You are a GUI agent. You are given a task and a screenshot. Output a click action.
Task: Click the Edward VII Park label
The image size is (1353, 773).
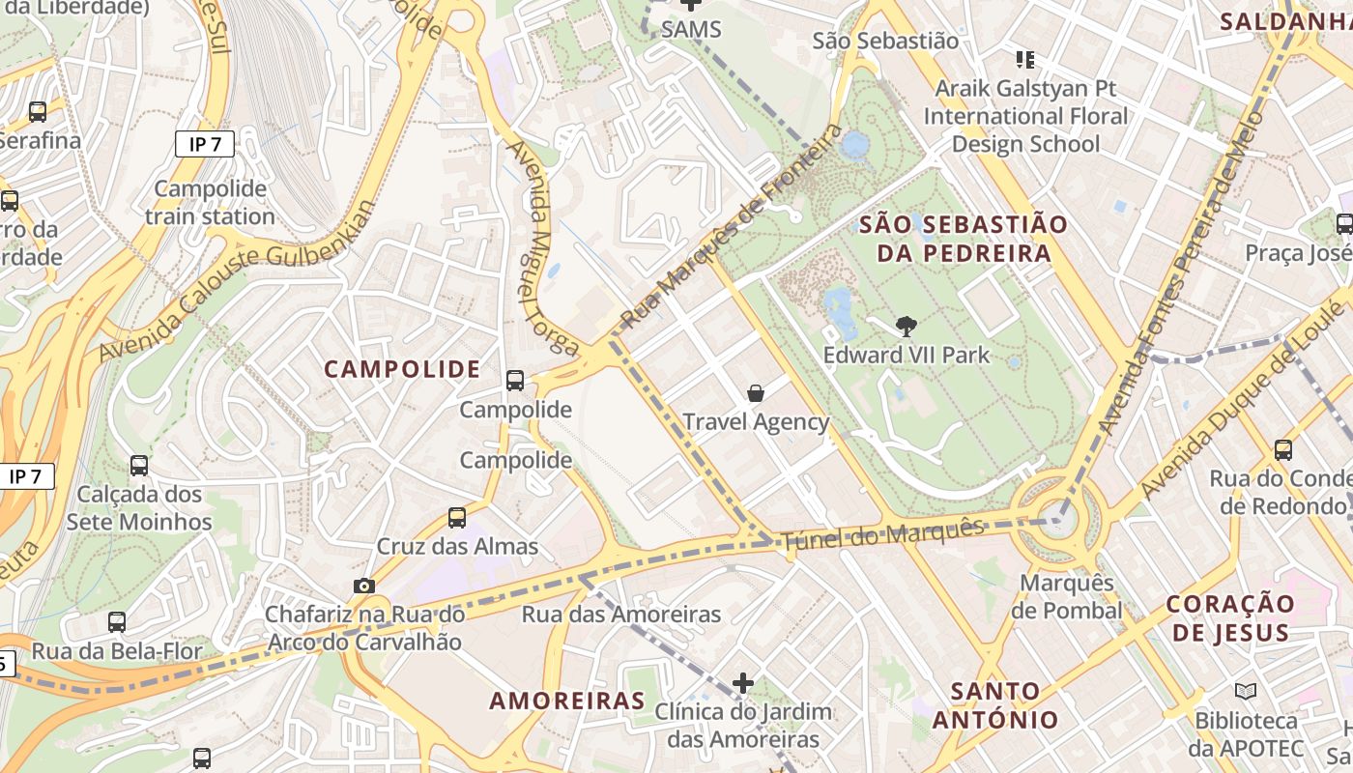[x=906, y=355]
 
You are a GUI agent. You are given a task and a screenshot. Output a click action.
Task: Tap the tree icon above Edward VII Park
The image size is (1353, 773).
[x=906, y=326]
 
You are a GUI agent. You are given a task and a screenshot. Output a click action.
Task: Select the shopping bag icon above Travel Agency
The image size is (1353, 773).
[x=756, y=393]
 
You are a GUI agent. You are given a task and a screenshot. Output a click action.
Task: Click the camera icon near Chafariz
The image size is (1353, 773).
[x=364, y=586]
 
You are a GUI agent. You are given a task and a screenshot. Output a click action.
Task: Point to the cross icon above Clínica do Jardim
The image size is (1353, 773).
[x=742, y=683]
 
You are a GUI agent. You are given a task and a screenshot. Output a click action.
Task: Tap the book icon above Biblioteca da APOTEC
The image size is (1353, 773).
[x=1245, y=692]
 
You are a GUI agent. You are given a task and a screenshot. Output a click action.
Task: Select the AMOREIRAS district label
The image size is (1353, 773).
[x=566, y=701]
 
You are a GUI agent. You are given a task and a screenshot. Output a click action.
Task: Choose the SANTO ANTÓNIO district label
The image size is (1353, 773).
[x=995, y=705]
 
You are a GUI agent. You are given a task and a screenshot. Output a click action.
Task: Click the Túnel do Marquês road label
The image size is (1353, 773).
[x=882, y=534]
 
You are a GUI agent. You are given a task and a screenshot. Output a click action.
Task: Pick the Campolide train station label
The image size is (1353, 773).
[x=210, y=202]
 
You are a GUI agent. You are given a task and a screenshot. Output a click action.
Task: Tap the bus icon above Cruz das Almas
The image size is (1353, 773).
[x=457, y=518]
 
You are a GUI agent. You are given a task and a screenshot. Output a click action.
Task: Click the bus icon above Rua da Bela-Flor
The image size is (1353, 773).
[x=117, y=622]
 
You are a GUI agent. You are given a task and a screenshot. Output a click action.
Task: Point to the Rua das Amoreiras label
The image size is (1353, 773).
[x=620, y=615]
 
